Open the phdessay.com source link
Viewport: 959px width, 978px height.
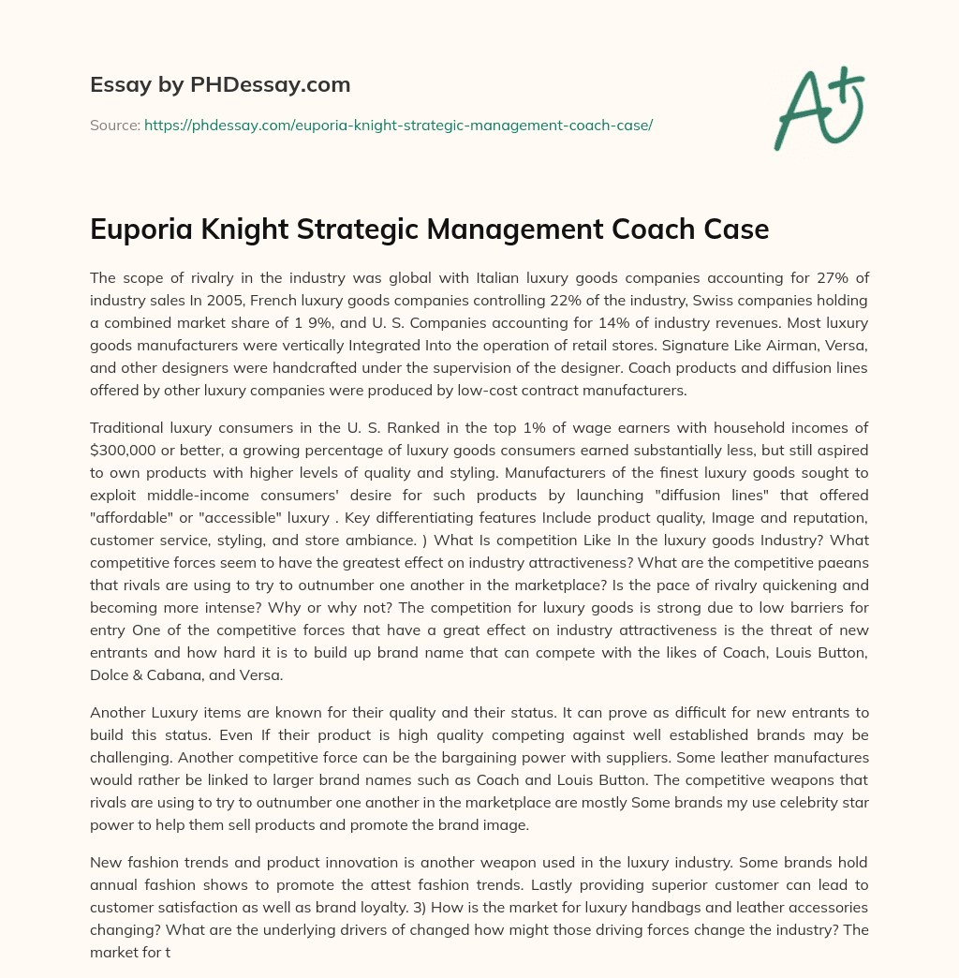[x=398, y=125]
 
